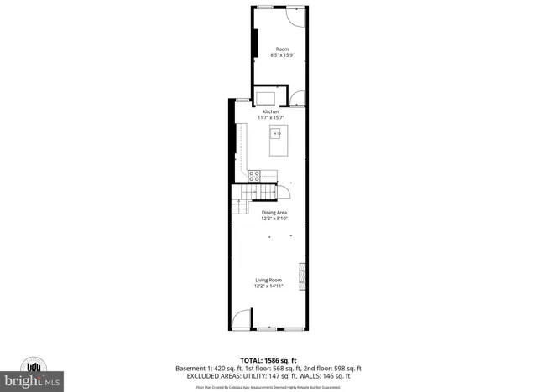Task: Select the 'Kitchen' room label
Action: point(270,111)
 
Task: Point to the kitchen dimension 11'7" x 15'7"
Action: point(270,117)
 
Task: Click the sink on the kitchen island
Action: point(276,132)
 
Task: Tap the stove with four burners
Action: point(254,175)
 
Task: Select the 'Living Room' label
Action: point(268,280)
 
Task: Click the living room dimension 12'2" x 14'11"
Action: point(268,286)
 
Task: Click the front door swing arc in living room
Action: point(241,317)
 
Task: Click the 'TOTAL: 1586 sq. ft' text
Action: point(268,358)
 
